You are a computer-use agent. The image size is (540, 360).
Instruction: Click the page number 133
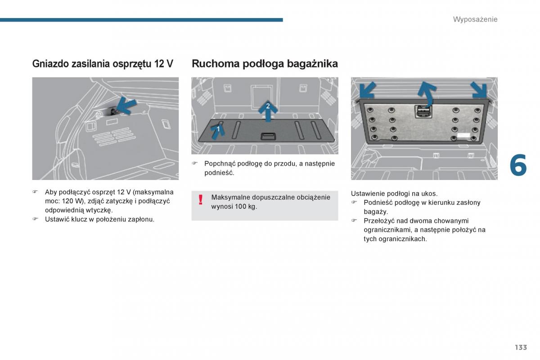[521, 347]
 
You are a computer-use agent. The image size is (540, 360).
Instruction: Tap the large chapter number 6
[518, 166]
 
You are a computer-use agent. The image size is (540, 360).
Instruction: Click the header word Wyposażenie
[475, 19]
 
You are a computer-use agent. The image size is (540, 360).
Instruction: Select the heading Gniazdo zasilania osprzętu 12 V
[103, 64]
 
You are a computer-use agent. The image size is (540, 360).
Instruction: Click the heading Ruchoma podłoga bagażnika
[265, 64]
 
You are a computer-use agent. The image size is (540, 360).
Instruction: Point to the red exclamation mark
[201, 200]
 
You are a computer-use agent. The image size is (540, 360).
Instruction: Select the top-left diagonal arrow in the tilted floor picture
[367, 90]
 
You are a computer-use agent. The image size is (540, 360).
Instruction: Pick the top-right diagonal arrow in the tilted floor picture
[479, 90]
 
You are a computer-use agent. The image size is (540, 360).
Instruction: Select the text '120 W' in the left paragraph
[72, 201]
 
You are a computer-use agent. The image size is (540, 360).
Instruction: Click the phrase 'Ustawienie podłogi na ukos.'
[394, 193]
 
